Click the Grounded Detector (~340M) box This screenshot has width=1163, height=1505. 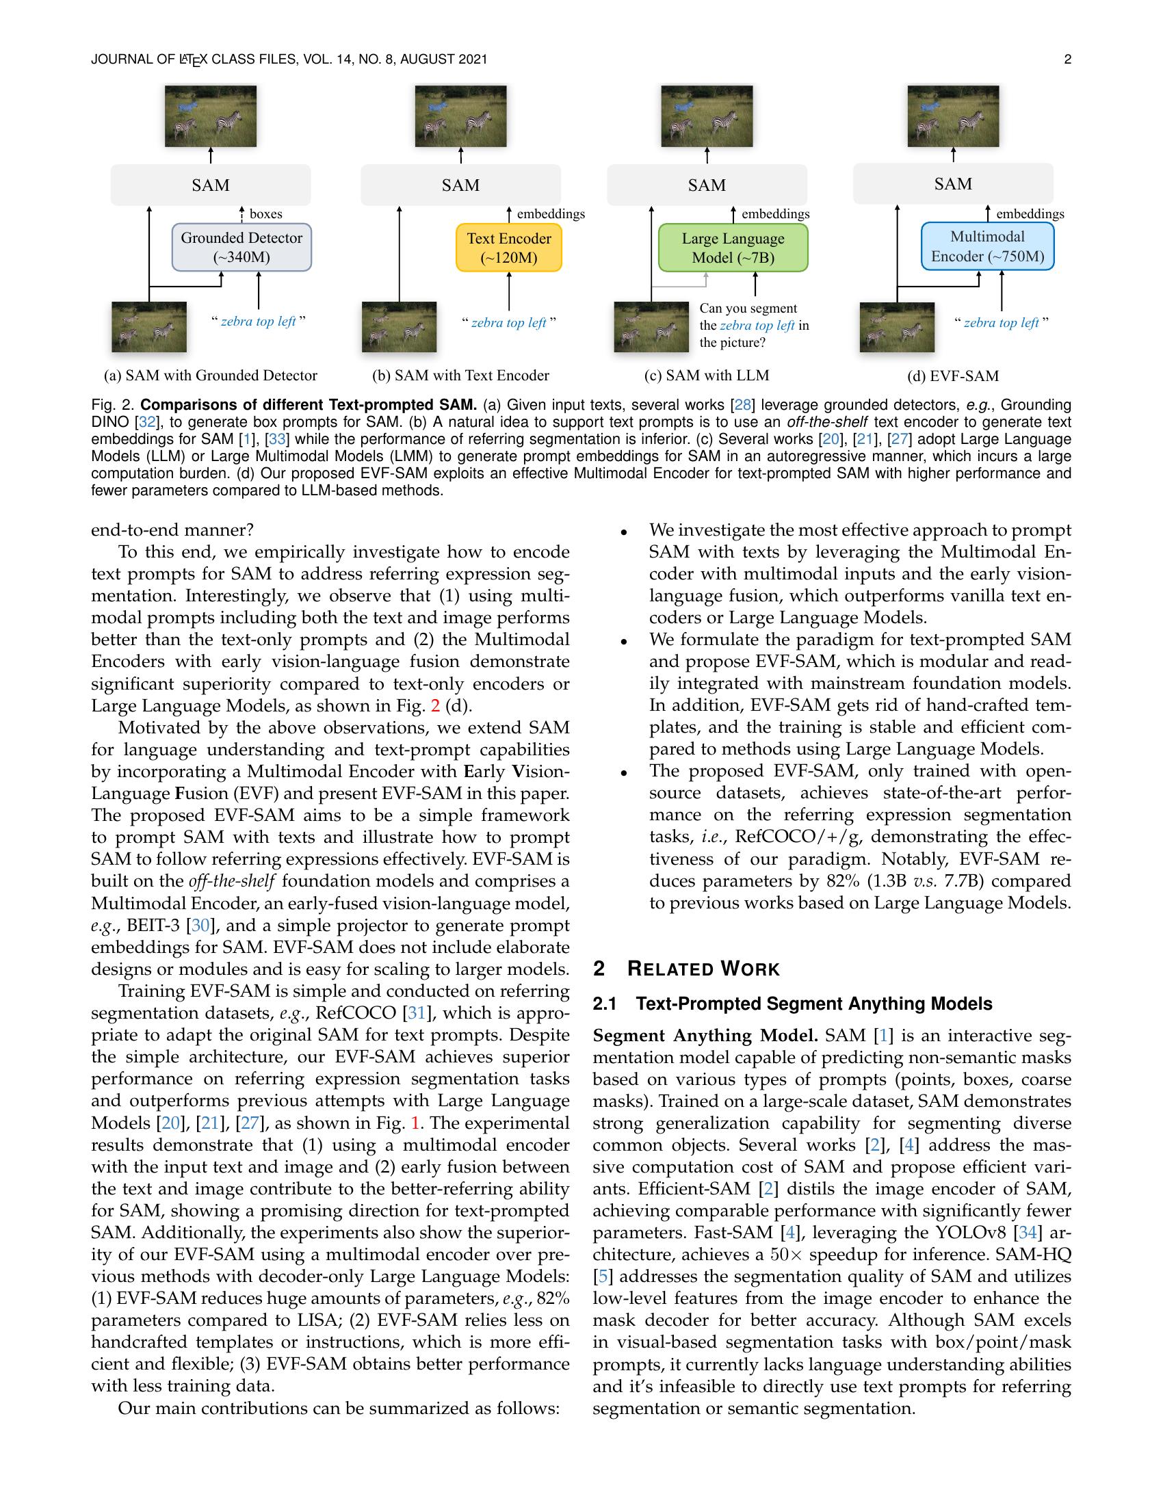click(x=241, y=248)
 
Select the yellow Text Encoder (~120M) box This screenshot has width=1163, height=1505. click(x=508, y=248)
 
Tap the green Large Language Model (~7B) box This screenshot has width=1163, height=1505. click(x=733, y=248)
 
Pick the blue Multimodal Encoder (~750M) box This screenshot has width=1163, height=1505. click(x=987, y=246)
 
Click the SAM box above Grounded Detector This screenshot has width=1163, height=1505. click(x=210, y=185)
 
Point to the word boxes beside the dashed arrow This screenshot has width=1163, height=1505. click(x=266, y=213)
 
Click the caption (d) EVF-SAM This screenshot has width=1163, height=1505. click(x=953, y=376)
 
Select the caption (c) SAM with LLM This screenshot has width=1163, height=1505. click(x=706, y=376)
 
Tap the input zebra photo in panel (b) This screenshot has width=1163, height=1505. click(x=399, y=326)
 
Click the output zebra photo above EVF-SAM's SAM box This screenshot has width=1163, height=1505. click(x=953, y=116)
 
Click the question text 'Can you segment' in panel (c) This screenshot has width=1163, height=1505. click(x=748, y=309)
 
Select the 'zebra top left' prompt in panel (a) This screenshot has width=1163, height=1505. click(x=258, y=322)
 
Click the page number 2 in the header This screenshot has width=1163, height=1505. click(x=1067, y=60)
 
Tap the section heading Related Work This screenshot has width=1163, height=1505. click(x=703, y=969)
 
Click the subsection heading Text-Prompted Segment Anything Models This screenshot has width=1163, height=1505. click(x=813, y=1004)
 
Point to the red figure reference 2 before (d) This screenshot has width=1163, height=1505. click(x=434, y=706)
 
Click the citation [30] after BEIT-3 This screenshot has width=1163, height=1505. click(x=200, y=925)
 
